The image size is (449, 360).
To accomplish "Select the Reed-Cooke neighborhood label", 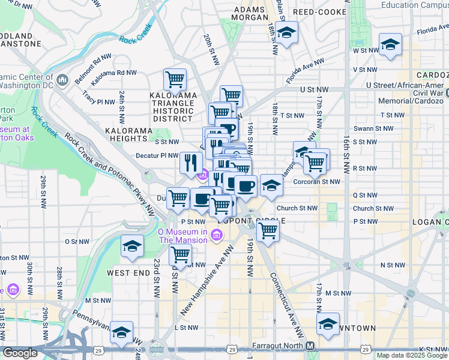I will click(319, 12).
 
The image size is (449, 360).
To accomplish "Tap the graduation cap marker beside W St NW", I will click(390, 45).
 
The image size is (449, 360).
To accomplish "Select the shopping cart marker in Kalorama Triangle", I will click(175, 79).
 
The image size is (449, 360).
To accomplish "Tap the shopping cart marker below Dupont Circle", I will click(268, 230).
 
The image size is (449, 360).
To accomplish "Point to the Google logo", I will click(20, 353).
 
